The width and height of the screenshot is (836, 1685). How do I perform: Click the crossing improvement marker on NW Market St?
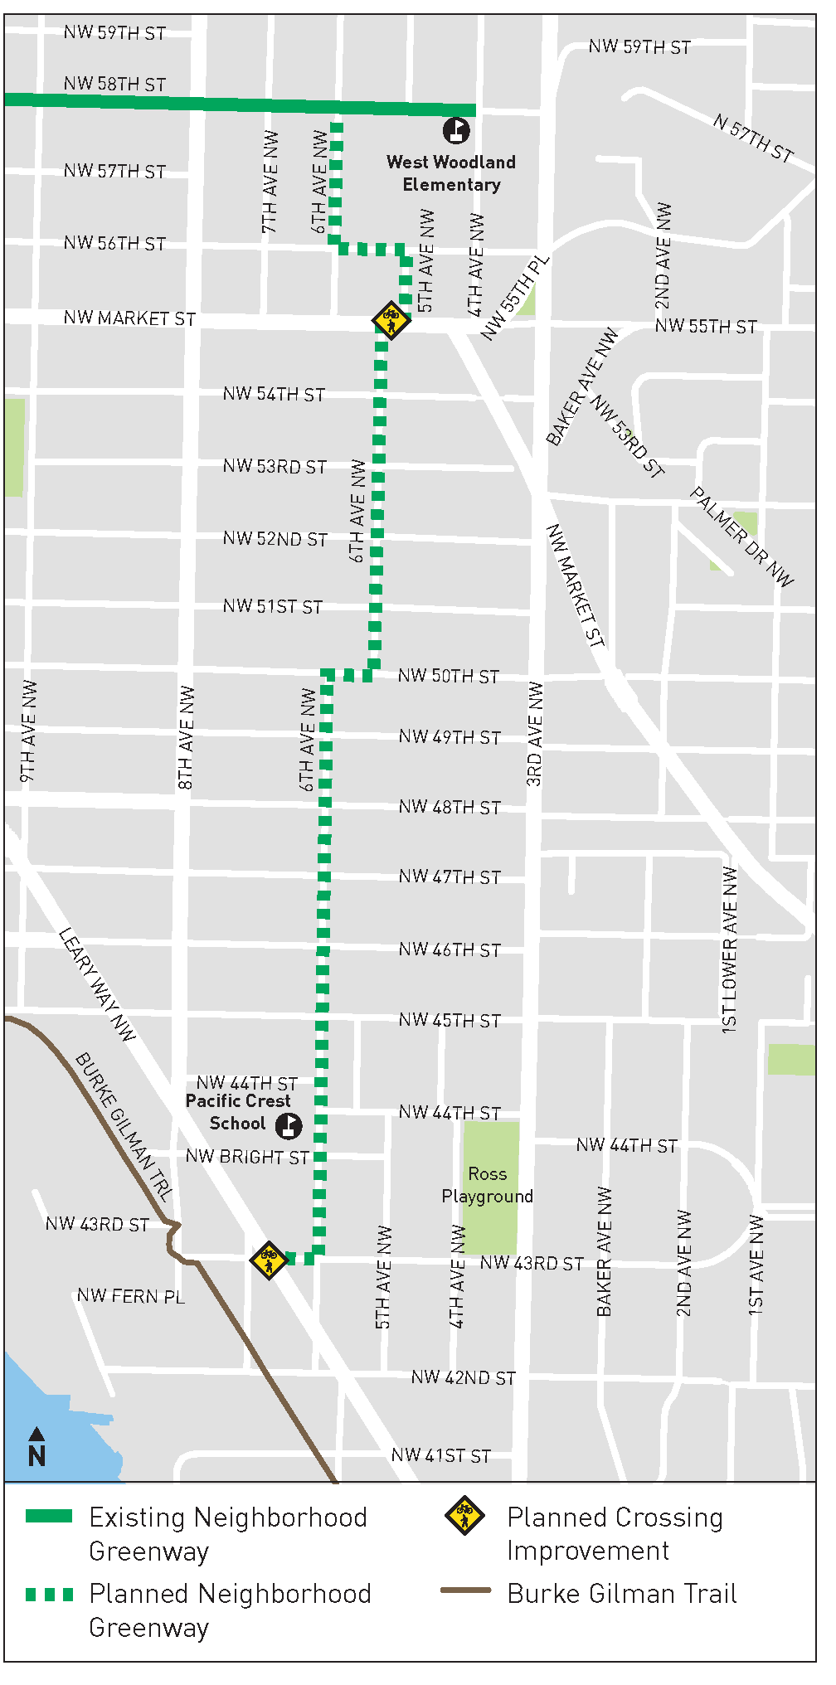tap(391, 319)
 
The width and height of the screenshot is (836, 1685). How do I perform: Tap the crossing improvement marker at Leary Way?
tap(269, 1260)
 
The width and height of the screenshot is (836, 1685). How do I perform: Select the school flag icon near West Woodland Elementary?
tap(456, 130)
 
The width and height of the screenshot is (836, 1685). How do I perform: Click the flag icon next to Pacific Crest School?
tap(289, 1125)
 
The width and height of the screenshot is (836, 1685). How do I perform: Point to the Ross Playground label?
tap(488, 1185)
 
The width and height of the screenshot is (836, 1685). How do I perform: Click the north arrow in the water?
tap(36, 1447)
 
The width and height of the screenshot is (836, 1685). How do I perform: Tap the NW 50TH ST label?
tap(449, 677)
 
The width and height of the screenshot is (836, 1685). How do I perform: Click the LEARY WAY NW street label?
tap(97, 984)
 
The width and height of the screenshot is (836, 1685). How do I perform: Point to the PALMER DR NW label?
tap(742, 537)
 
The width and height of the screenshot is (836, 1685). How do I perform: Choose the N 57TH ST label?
tap(754, 138)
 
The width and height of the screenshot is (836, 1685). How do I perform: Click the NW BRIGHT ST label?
tap(247, 1157)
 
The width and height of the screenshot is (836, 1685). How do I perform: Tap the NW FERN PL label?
tap(130, 1296)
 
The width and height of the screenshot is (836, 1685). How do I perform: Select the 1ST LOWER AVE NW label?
tap(730, 949)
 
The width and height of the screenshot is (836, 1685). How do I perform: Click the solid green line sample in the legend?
tap(49, 1517)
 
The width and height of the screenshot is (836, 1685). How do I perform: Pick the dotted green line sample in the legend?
tap(49, 1594)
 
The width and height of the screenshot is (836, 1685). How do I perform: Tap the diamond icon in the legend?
tap(465, 1516)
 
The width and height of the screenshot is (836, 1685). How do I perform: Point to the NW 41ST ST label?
tap(441, 1455)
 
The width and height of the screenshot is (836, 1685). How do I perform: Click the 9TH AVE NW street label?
tap(29, 731)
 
